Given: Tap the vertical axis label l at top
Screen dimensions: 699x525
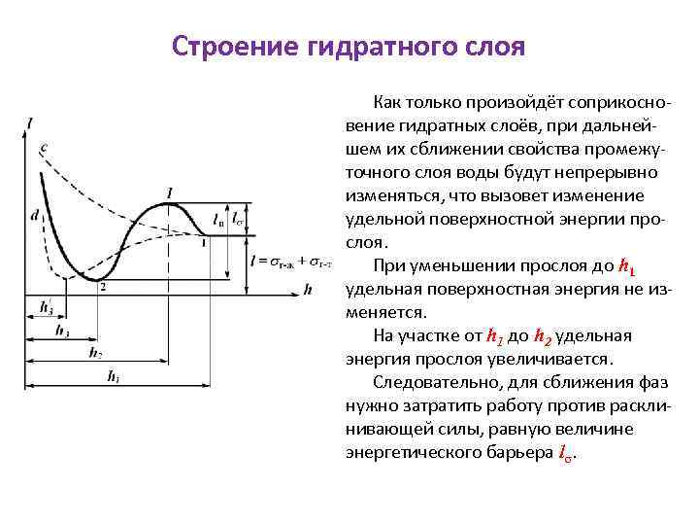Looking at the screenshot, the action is [x=31, y=122].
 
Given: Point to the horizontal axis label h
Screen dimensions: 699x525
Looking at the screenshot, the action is [x=308, y=289].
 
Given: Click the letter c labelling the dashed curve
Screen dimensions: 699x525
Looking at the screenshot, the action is [x=44, y=148].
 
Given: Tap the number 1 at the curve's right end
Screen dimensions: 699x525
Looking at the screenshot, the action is [x=203, y=243].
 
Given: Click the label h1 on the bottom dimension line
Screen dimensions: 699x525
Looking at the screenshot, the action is [x=114, y=375].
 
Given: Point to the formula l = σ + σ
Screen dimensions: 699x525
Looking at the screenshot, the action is [x=289, y=261].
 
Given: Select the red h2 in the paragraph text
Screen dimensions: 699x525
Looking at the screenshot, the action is [x=545, y=336].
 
